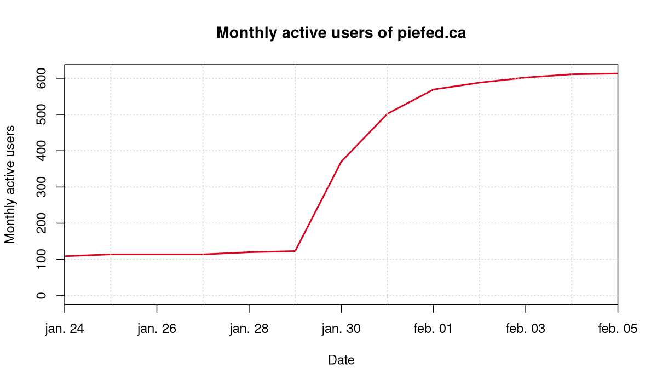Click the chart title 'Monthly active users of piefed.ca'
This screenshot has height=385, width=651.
coord(341,33)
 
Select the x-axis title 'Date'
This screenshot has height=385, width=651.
coord(341,360)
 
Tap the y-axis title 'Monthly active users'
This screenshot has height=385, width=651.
coord(10,184)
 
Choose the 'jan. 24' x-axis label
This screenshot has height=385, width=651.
coord(65,329)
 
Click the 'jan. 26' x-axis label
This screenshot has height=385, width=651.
coord(157,329)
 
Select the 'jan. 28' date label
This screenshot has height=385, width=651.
coord(249,329)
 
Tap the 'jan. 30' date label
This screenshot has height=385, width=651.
coord(341,329)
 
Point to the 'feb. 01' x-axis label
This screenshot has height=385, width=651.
coord(433,329)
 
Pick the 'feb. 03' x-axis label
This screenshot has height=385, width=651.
coord(526,329)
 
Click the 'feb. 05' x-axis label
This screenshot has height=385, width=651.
coord(618,329)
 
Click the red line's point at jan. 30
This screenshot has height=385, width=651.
coord(341,162)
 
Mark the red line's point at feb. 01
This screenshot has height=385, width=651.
coord(433,89)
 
